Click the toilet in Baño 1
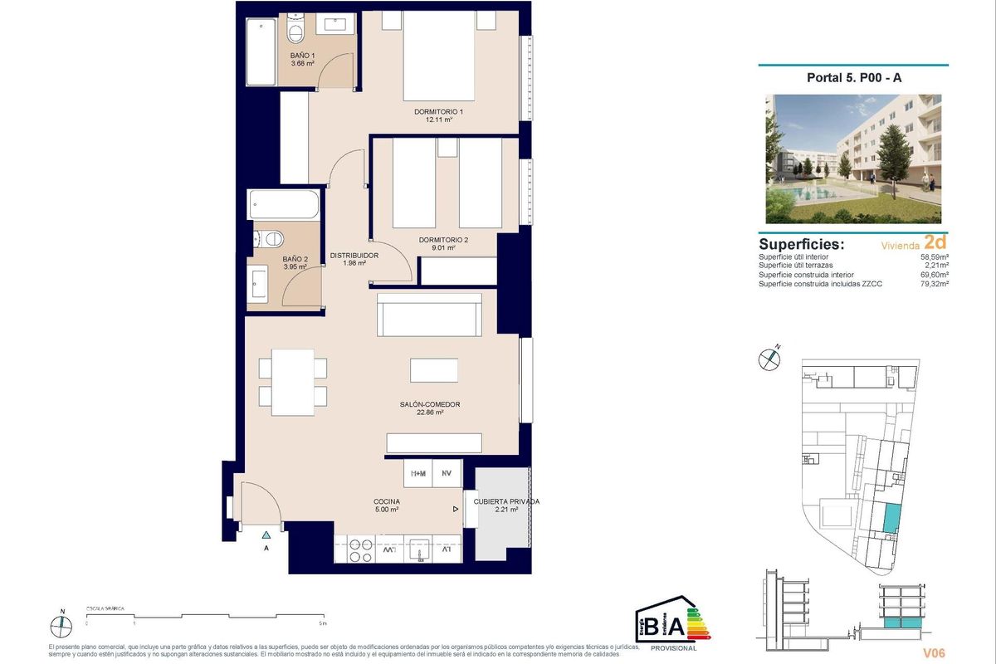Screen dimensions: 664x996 coord(295,32)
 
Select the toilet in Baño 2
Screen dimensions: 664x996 coord(270,238)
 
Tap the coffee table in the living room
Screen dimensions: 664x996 coord(434,370)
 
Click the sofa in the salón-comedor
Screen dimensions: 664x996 coord(429,315)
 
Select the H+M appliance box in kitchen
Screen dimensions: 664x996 coord(417,474)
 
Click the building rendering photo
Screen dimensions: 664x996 coord(854,159)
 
